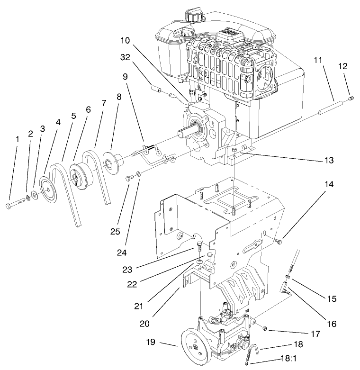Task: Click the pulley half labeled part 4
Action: pos(48,190)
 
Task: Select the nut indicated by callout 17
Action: pos(264,327)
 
